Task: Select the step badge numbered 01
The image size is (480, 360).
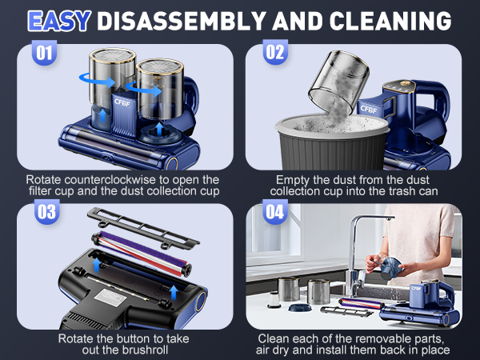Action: pos(43,54)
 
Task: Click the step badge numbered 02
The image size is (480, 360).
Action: pos(275,54)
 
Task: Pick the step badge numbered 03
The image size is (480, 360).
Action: pos(43,212)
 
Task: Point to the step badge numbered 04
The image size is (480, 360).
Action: pos(275,213)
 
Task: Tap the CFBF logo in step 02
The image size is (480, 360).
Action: pos(369,110)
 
